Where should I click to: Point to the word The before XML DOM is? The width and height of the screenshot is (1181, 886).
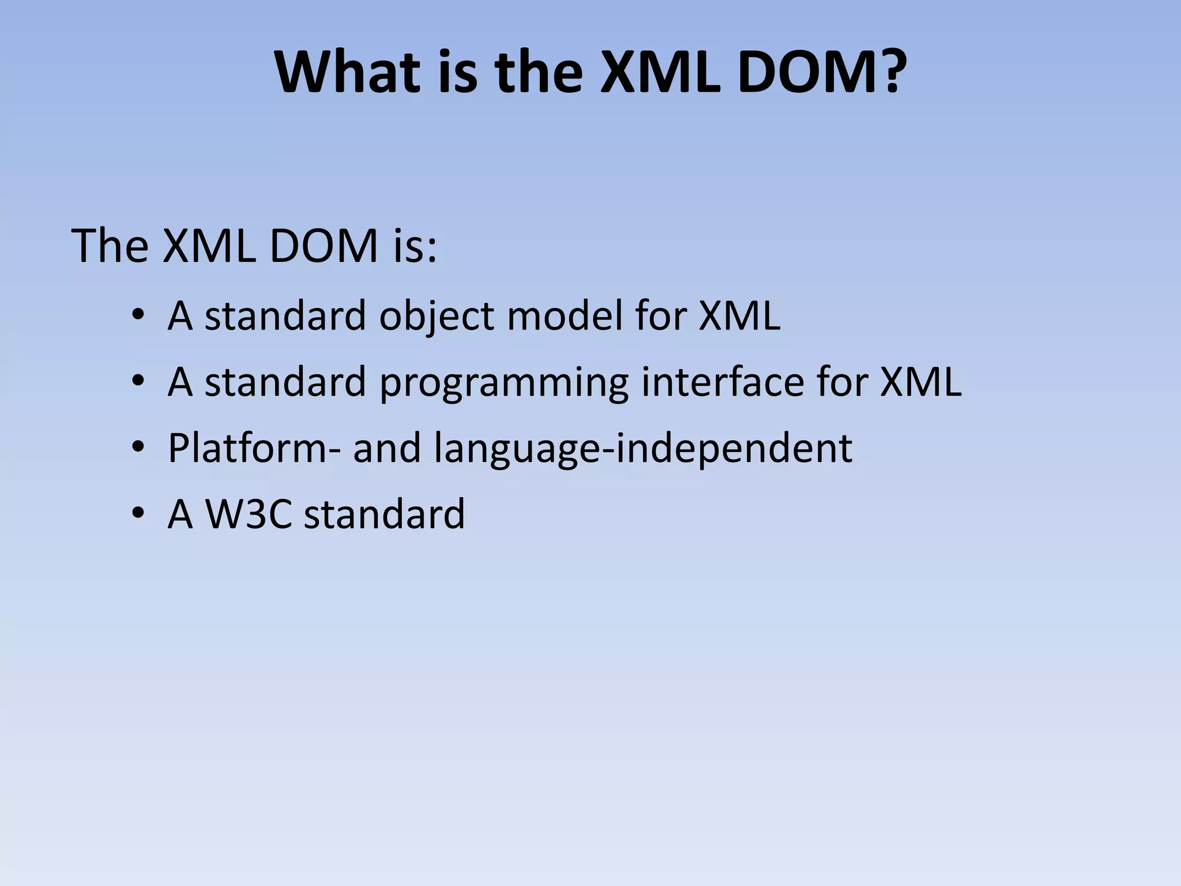[110, 246]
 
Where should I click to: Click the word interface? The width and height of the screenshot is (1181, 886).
[723, 382]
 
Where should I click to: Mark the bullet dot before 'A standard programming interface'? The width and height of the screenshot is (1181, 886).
[137, 381]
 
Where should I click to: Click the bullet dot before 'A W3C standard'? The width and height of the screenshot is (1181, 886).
[137, 513]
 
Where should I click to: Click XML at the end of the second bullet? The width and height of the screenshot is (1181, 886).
[921, 382]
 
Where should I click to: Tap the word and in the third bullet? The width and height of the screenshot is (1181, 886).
[387, 448]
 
